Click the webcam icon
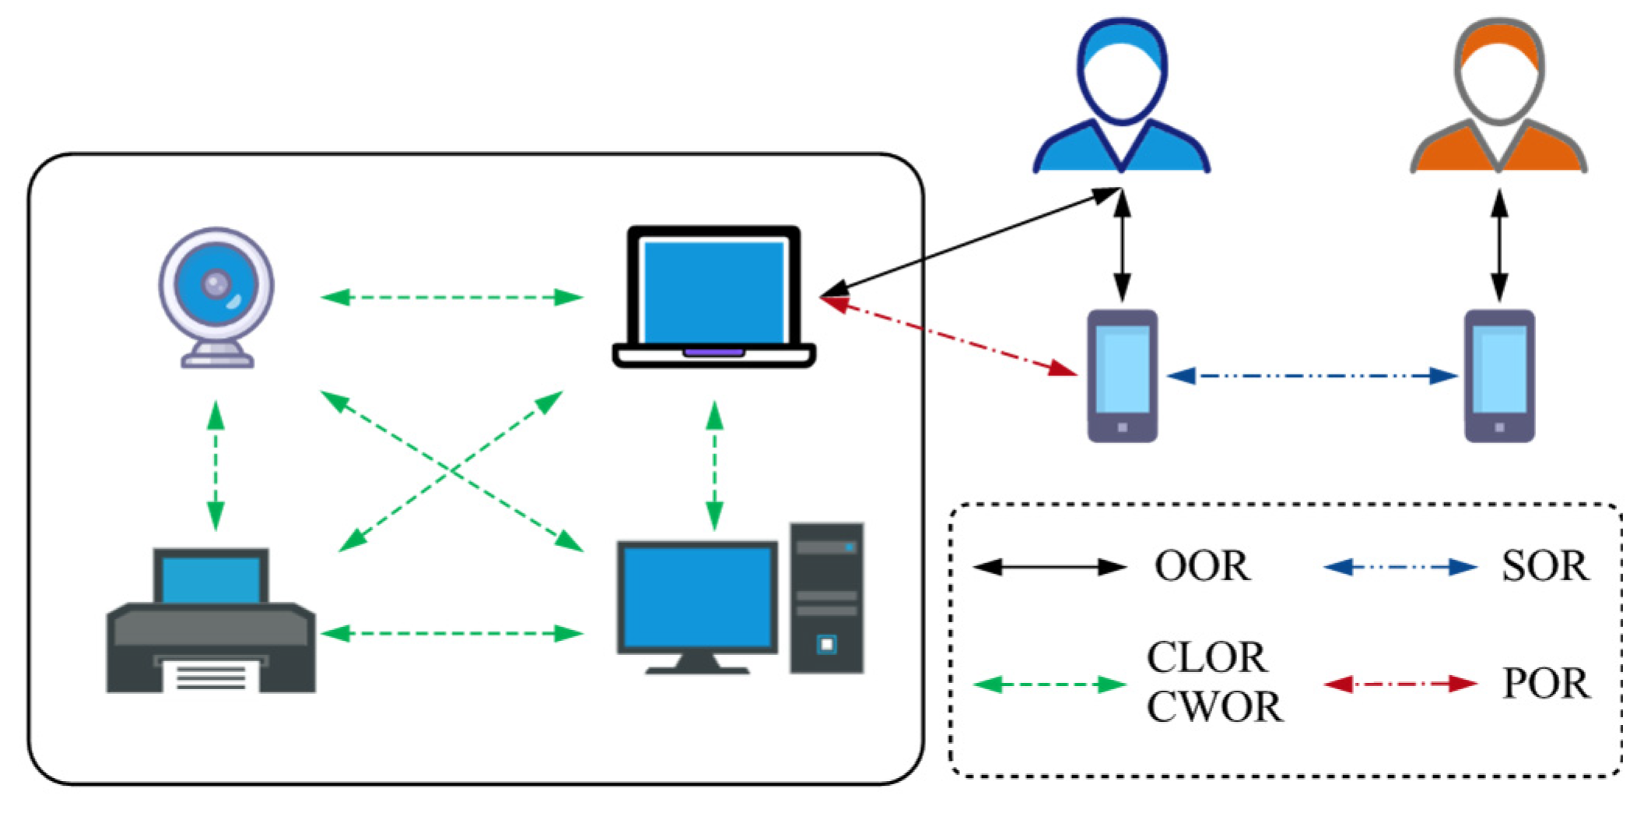(216, 296)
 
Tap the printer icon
(211, 623)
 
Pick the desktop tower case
(827, 597)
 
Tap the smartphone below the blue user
(1122, 376)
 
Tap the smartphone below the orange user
(1499, 376)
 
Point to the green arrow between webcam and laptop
(451, 297)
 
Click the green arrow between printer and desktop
(451, 634)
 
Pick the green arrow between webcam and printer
(216, 466)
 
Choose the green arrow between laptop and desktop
(714, 466)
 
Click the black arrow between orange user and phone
(1499, 245)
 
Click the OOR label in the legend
(1202, 566)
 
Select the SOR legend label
(1545, 566)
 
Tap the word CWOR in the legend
(1215, 707)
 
